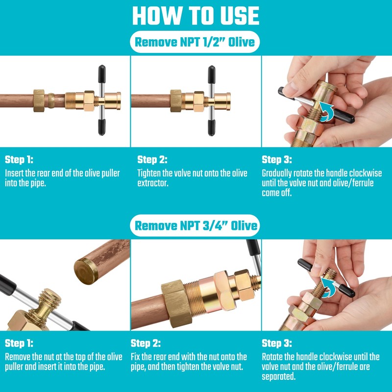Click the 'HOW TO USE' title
click(x=196, y=16)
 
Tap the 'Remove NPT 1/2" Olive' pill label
click(x=195, y=42)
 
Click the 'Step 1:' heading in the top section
click(x=19, y=160)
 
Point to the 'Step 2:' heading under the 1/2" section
click(x=152, y=160)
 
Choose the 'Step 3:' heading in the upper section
click(x=277, y=160)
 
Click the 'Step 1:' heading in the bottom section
click(x=19, y=343)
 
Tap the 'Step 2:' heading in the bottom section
click(x=146, y=343)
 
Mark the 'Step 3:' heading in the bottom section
click(x=277, y=343)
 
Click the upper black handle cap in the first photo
click(x=102, y=73)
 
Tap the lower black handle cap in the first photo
click(x=102, y=127)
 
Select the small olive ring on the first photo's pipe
click(x=51, y=100)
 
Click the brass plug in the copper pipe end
click(x=86, y=271)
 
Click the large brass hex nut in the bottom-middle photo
click(x=177, y=303)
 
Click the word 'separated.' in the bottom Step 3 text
click(x=278, y=376)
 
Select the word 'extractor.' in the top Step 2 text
click(x=153, y=183)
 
